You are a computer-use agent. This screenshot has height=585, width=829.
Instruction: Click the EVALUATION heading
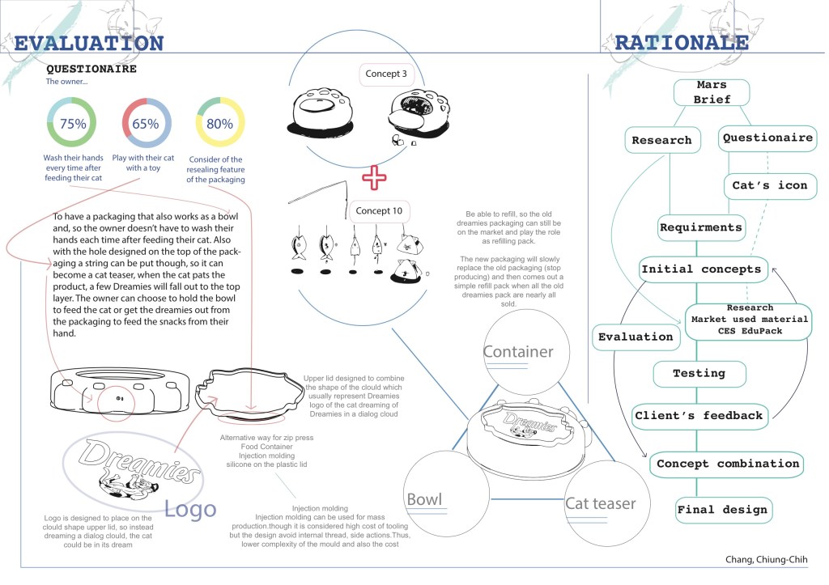tap(89, 43)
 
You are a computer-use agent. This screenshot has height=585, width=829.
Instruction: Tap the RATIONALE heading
tap(681, 42)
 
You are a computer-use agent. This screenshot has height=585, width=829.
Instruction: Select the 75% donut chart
tap(73, 124)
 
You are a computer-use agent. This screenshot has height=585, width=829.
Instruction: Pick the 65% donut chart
tap(146, 124)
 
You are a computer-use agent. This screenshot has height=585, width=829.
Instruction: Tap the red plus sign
tap(374, 177)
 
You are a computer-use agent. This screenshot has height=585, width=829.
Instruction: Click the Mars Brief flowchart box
tap(712, 92)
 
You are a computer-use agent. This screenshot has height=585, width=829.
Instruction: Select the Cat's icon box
tap(770, 185)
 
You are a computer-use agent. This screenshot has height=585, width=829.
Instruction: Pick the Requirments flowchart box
tap(700, 227)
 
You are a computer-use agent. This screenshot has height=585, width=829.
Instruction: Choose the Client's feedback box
tap(698, 416)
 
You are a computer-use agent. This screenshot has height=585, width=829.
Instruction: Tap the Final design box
tap(723, 510)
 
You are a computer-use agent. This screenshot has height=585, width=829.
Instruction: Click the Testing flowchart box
tap(699, 374)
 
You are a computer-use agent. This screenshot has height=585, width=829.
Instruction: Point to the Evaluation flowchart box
tap(636, 337)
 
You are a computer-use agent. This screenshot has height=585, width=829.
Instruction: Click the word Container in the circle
tap(518, 351)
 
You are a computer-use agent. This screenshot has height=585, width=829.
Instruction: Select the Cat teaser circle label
tap(600, 503)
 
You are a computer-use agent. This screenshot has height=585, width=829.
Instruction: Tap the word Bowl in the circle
tap(424, 499)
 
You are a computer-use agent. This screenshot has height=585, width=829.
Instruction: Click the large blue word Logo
tap(191, 508)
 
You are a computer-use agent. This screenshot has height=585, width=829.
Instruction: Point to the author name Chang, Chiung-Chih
tap(766, 560)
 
